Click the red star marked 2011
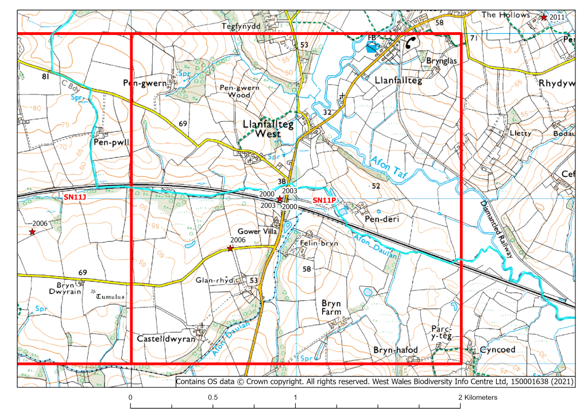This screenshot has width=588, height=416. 543,17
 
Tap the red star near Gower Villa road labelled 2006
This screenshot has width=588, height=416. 230,248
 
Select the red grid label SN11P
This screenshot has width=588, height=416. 323,200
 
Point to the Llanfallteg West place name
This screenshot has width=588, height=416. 269,129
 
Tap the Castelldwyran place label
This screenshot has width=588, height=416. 163,339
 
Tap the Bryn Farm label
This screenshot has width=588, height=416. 331,307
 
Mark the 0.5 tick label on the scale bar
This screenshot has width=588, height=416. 213,398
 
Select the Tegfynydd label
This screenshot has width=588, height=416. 241,26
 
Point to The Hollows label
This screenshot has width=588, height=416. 505,14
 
